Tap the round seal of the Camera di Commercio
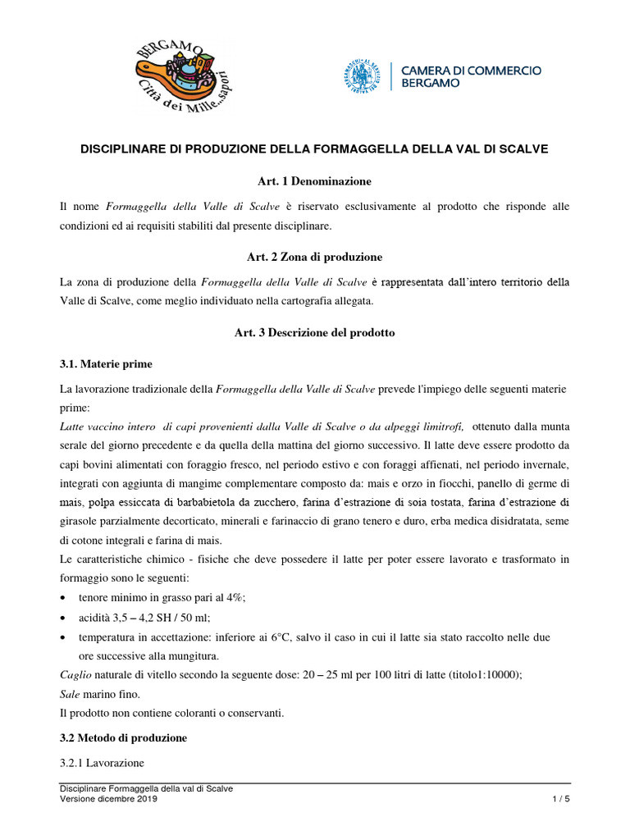[x=362, y=77]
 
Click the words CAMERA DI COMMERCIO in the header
[x=470, y=71]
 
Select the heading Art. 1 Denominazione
[x=315, y=180]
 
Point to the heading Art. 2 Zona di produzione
[x=315, y=256]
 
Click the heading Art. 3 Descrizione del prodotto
[x=315, y=333]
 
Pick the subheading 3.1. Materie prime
[x=106, y=363]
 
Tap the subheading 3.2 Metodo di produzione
[x=123, y=737]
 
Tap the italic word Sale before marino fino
[x=71, y=693]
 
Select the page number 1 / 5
[x=559, y=799]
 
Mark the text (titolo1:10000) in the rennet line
[x=482, y=674]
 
